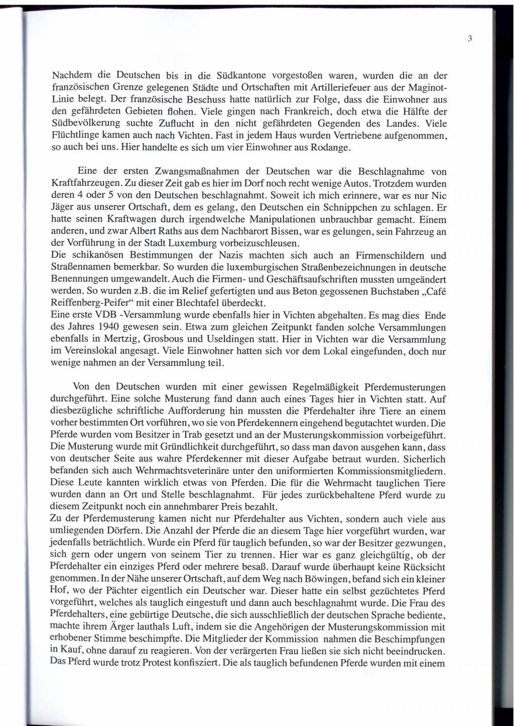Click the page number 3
pyautogui.click(x=469, y=38)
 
